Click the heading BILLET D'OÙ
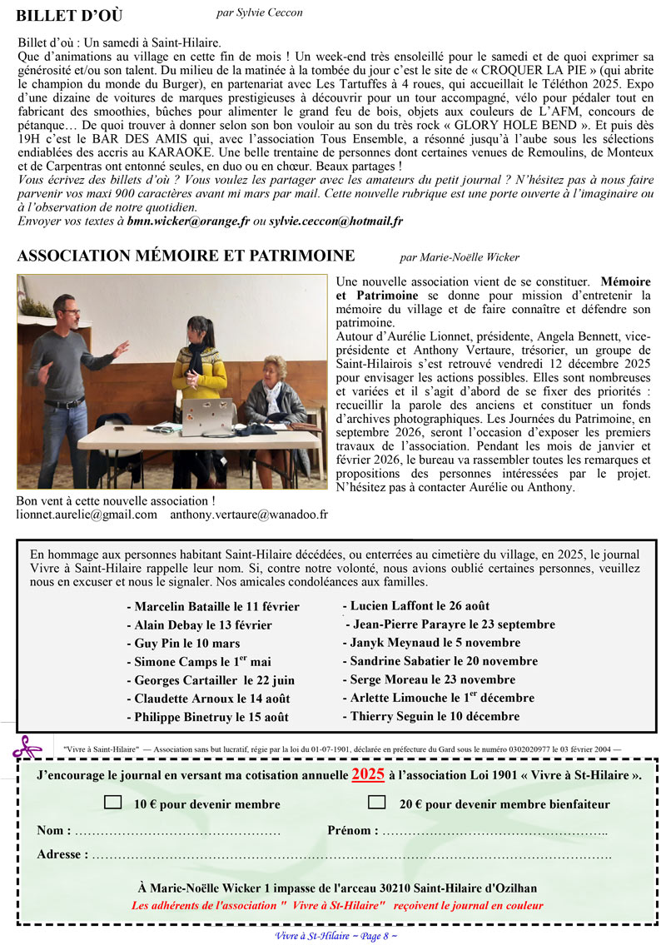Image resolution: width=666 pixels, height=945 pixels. [x=70, y=16]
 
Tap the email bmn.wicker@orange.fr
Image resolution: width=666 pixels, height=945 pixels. [x=188, y=221]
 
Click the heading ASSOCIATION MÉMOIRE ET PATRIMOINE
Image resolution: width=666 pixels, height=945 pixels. [x=186, y=256]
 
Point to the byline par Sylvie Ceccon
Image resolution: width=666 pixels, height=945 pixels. [x=259, y=12]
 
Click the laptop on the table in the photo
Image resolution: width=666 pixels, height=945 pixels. [x=203, y=417]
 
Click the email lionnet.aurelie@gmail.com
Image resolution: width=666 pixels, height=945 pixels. [x=87, y=515]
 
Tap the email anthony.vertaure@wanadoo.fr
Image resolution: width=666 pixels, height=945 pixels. [x=249, y=515]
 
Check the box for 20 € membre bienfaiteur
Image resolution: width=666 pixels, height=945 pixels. [x=377, y=803]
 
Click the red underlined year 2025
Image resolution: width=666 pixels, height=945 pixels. [x=368, y=774]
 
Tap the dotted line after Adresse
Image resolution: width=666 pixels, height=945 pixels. [x=350, y=854]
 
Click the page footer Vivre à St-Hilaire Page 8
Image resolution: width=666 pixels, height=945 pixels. [x=335, y=935]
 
